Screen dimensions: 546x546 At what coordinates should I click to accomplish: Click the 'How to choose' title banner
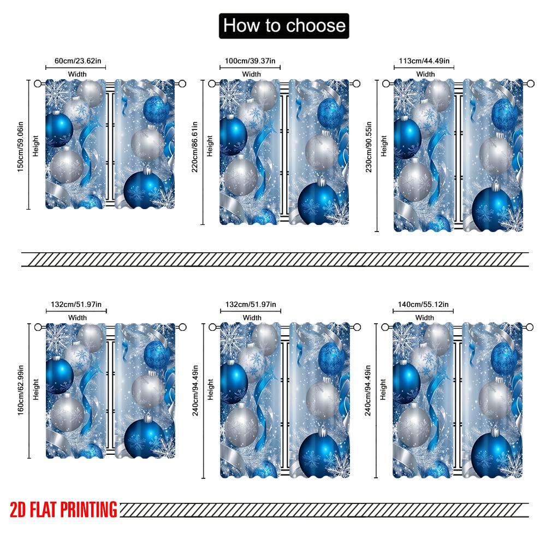pos(284,26)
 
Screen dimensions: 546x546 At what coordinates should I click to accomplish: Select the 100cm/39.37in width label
pos(251,61)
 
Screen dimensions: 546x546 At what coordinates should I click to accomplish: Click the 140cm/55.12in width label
pos(423,304)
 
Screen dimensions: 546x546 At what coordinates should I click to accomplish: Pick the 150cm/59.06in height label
pos(20,145)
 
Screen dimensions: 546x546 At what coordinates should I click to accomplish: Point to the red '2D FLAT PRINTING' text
pos(63,509)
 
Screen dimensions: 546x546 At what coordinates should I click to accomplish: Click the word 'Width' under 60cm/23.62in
pos(78,74)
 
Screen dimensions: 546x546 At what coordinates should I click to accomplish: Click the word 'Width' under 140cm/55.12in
pos(425,317)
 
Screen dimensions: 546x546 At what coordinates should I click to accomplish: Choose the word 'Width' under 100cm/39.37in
pos(252,74)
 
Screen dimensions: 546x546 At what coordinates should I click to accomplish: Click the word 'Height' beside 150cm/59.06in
pos(36,145)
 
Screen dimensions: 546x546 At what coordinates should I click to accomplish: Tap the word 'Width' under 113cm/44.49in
pos(425,74)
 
